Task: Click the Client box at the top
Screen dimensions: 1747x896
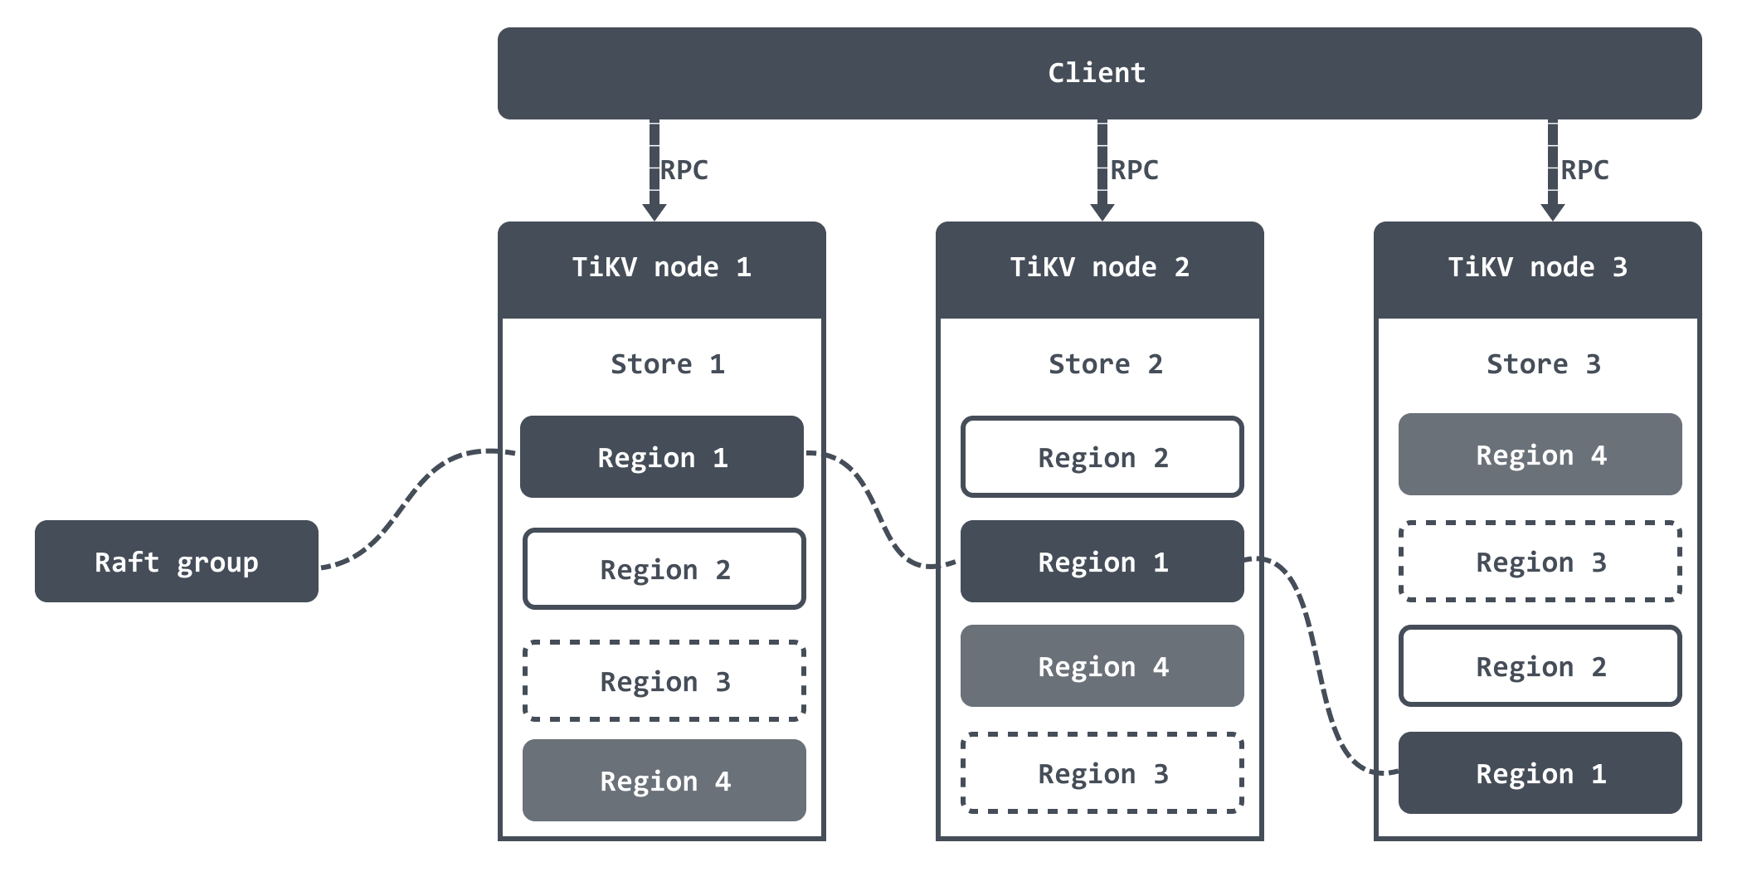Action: click(1099, 73)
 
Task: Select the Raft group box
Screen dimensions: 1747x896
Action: click(177, 562)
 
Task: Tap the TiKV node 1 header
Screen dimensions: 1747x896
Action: click(662, 268)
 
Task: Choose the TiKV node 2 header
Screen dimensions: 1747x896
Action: click(1100, 268)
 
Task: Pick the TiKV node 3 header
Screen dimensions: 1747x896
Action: click(1538, 268)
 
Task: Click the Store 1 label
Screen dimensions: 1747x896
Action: click(668, 364)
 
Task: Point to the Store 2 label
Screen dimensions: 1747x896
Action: click(1106, 364)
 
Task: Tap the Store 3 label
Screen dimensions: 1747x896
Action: click(1544, 364)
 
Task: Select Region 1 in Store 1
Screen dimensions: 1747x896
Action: click(662, 457)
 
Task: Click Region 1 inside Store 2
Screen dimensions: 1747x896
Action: click(1102, 562)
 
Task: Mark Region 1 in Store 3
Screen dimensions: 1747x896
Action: click(1540, 773)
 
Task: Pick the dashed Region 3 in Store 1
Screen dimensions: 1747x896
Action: click(664, 681)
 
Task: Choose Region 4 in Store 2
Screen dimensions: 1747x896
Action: click(1102, 666)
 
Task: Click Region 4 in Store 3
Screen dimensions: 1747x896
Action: click(1540, 455)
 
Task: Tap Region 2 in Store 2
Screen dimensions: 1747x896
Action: click(1102, 457)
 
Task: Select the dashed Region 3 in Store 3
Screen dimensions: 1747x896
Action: click(1540, 562)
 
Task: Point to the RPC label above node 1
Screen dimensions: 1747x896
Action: click(684, 170)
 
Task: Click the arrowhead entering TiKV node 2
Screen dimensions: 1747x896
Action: click(1102, 211)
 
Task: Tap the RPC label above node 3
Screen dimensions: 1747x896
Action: click(1585, 170)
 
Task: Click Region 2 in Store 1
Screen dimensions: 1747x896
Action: click(664, 569)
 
